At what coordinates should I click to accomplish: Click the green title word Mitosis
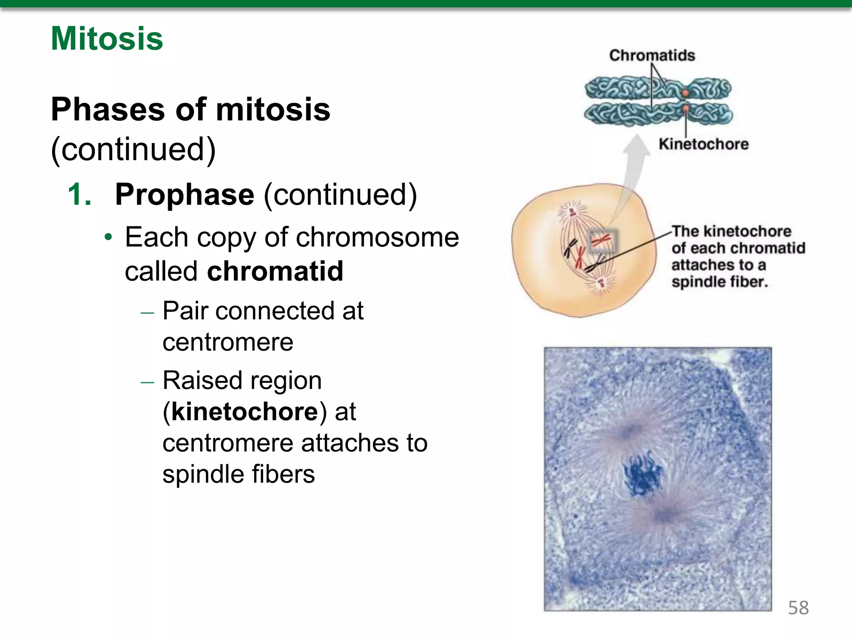point(107,39)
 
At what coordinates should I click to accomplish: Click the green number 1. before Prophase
point(79,194)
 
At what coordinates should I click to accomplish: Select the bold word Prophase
point(184,194)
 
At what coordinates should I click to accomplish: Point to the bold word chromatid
point(275,271)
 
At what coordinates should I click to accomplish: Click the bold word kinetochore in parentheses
point(245,412)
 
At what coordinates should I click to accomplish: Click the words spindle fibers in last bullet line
point(238,474)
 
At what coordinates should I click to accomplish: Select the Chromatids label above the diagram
point(652,55)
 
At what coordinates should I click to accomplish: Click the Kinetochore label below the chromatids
point(703,144)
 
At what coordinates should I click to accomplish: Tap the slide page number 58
point(798,608)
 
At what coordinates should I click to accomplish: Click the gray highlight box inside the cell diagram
point(603,241)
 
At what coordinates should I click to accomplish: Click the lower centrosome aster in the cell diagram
point(601,284)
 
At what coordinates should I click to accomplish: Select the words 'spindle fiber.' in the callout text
point(719,282)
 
